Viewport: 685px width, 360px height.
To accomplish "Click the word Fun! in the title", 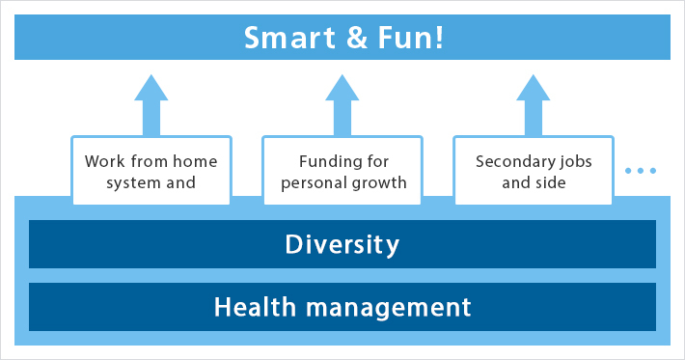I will point(409,38).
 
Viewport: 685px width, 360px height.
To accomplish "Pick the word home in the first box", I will point(196,160).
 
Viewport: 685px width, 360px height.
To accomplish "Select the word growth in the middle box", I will point(381,181).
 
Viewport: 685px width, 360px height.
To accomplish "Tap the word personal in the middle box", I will point(315,181).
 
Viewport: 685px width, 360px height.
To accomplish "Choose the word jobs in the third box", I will point(576,160).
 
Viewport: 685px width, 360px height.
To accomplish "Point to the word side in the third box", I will point(551,181).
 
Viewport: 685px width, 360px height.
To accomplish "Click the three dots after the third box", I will point(641,171).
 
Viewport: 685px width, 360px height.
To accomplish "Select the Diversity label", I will point(342,244).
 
